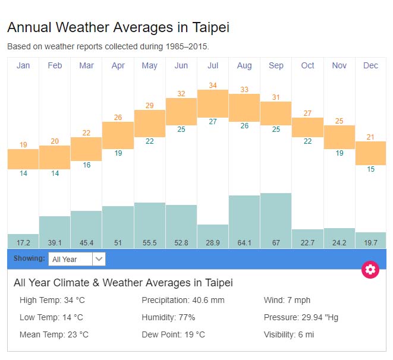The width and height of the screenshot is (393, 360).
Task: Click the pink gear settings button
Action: coord(370,270)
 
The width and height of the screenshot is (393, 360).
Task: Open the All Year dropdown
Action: coord(77,259)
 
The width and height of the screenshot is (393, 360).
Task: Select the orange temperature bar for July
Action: coord(213,103)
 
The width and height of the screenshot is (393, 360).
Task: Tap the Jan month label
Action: coord(23,65)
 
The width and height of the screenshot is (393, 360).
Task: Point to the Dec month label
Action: coord(370,65)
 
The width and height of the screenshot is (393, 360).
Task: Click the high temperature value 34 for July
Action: coord(213,85)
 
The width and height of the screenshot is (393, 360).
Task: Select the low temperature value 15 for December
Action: coord(370,169)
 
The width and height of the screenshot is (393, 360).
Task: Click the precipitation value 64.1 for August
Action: coord(244,242)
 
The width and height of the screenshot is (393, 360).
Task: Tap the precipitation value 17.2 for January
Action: coord(23,242)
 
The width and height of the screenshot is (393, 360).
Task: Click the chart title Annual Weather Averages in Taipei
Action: coord(118,27)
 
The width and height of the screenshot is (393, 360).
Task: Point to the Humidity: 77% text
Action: coord(168,317)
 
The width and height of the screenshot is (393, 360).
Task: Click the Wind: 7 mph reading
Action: coord(287,300)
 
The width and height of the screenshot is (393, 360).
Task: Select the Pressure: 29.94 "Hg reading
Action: coord(301,317)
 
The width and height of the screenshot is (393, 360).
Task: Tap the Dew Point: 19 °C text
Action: coord(173,334)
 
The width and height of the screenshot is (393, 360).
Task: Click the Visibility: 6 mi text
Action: coord(289,334)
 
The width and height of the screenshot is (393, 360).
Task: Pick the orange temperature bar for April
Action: coord(118,135)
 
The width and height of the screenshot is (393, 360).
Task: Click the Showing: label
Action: coord(29,259)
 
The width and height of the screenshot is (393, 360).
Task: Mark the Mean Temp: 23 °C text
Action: coord(54,334)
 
